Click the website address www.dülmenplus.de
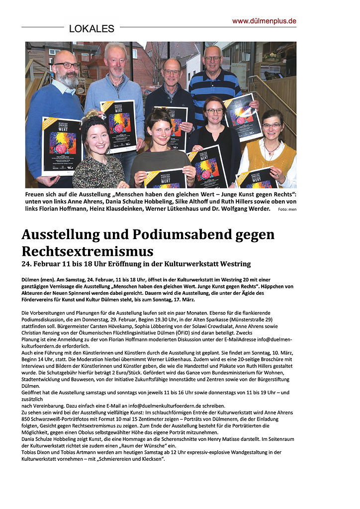[x=264, y=21]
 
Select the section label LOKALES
[x=91, y=29]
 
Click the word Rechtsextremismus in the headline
[x=88, y=251]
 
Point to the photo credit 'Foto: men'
[x=287, y=210]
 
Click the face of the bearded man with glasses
[x=67, y=70]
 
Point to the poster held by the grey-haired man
[x=118, y=124]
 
